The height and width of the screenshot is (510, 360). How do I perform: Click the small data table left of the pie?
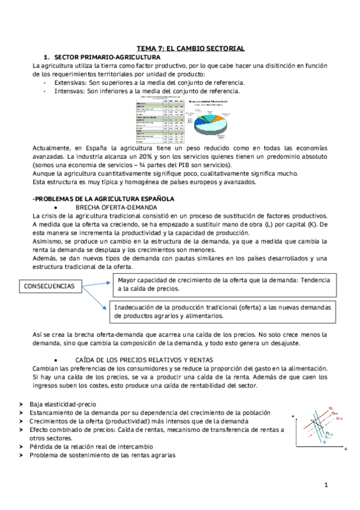pyautogui.click(x=160, y=118)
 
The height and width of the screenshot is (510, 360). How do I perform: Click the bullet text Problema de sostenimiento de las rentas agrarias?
pyautogui.click(x=102, y=455)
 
